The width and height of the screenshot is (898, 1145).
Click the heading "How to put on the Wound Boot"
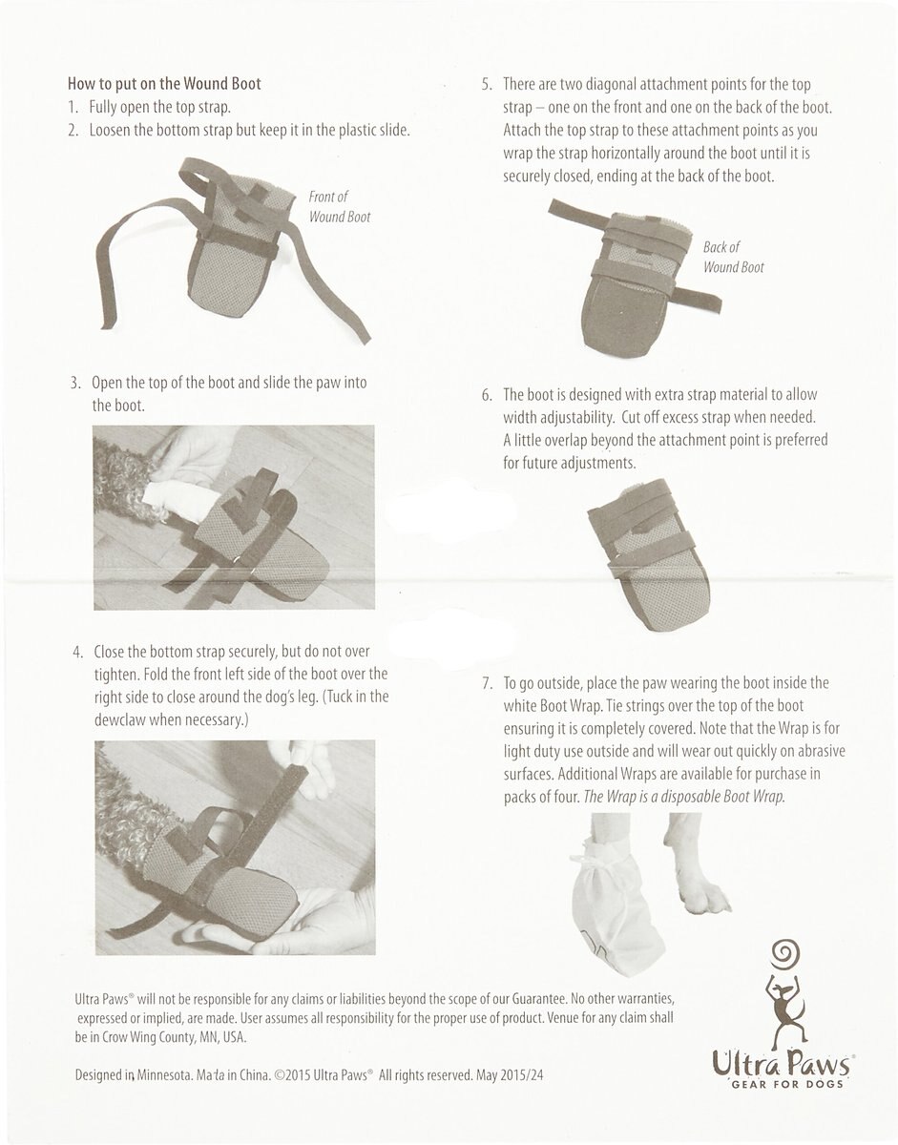tap(164, 84)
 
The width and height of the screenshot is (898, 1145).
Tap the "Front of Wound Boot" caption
tap(340, 206)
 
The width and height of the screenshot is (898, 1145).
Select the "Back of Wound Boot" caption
tap(733, 257)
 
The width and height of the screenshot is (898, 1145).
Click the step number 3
tap(75, 383)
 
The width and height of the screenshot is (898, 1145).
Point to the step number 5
tap(487, 84)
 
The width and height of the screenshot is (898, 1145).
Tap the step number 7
tap(487, 683)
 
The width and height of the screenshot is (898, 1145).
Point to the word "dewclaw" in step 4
tap(119, 719)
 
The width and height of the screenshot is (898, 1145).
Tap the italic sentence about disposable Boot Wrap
tap(684, 796)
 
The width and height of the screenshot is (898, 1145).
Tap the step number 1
tap(73, 108)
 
